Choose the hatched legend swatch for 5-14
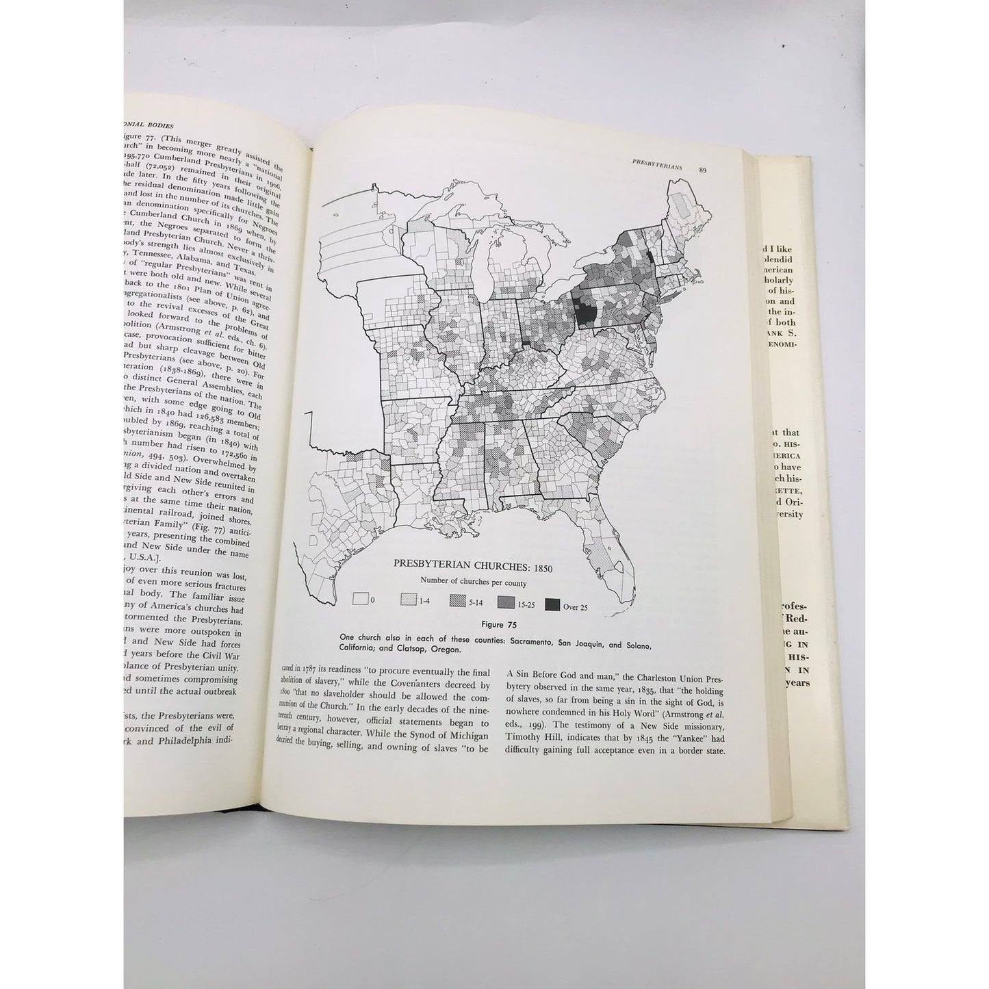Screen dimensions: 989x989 457,603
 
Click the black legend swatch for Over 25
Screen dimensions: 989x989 553,604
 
